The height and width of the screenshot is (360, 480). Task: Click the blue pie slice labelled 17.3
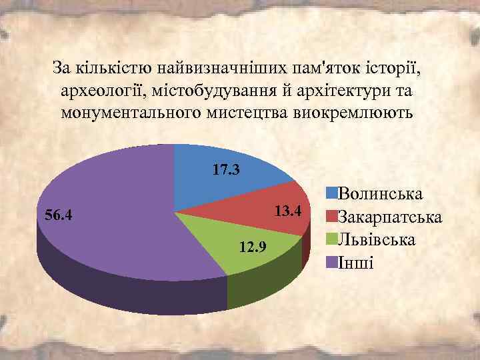pos(220,183)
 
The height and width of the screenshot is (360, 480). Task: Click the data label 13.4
pos(289,212)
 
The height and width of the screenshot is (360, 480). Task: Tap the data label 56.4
pos(58,215)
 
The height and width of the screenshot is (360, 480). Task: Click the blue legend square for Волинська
pos(331,194)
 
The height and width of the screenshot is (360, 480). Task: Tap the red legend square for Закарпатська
pos(331,217)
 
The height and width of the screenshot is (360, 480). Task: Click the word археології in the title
pos(101,90)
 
